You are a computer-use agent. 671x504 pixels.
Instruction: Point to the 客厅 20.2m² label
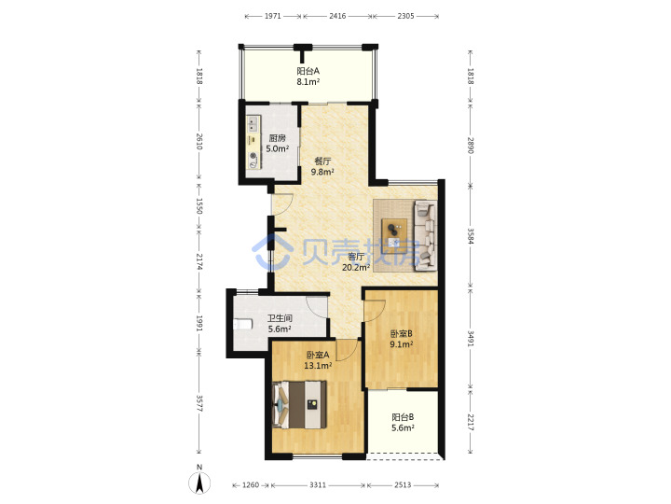tap(356, 262)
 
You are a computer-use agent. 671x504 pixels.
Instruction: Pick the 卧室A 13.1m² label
tap(318, 360)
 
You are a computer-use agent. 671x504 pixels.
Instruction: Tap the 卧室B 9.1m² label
tap(402, 339)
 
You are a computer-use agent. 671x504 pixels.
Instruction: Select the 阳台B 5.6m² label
tap(403, 422)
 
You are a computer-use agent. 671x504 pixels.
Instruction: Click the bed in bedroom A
tap(299, 404)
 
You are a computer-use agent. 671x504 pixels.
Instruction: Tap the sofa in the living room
tap(425, 236)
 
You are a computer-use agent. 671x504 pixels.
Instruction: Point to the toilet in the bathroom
tap(242, 324)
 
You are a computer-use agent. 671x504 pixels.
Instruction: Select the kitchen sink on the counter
tap(253, 124)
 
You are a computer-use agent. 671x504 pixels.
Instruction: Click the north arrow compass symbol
tap(199, 481)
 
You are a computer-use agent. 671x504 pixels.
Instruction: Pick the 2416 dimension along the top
tap(337, 16)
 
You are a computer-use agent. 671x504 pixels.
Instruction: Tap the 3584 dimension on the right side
tap(471, 236)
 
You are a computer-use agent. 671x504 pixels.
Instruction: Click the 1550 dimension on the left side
tap(199, 205)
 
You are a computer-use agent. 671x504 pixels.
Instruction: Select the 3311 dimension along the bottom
tap(318, 484)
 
